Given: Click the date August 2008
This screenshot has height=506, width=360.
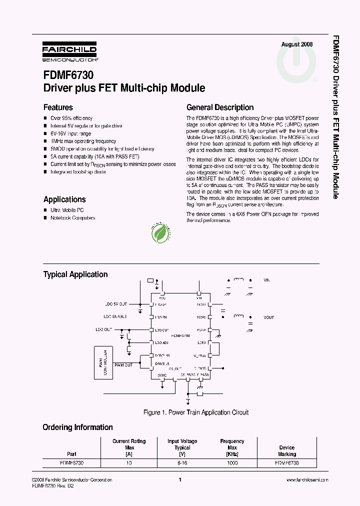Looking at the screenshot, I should [297, 44].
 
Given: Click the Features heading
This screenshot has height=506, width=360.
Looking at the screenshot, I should [58, 107].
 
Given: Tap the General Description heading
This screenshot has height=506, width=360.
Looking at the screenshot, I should [220, 107].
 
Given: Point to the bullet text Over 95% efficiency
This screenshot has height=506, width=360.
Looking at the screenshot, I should [71, 118].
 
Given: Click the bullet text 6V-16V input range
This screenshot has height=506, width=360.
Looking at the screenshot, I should [70, 133].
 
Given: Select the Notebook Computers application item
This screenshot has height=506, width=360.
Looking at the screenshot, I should [72, 218].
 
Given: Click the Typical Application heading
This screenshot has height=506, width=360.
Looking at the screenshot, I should [75, 274].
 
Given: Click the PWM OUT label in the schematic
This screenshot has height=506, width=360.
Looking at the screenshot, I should [123, 365].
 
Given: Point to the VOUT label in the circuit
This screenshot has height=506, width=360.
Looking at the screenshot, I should [268, 317].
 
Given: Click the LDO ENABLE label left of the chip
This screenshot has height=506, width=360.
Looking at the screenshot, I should [115, 316].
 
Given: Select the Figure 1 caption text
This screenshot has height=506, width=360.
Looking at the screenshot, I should [195, 412].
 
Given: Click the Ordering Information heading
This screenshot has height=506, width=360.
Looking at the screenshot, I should [77, 427].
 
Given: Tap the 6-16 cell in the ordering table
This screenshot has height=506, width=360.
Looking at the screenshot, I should [182, 463].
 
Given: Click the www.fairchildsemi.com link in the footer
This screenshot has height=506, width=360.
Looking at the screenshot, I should [307, 480].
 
